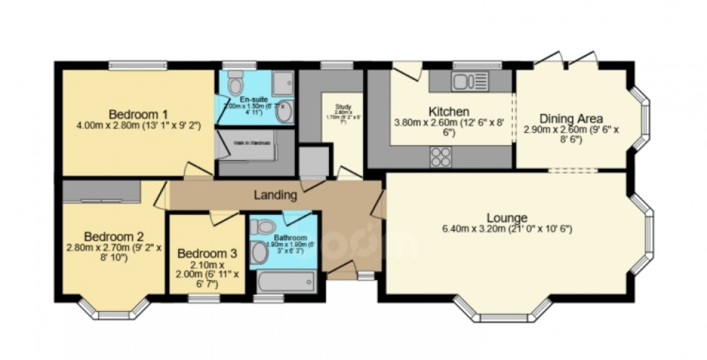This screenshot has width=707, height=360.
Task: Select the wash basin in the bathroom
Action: pyautogui.click(x=259, y=251)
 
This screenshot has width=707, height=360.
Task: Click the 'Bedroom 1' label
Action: pyautogui.click(x=139, y=114)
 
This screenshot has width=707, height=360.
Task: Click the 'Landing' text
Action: pyautogui.click(x=275, y=195)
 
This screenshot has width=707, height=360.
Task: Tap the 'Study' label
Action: pyautogui.click(x=342, y=106)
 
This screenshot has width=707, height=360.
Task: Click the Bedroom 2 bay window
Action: pyautogui.click(x=114, y=309)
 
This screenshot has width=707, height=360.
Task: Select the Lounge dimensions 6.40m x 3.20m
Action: pyautogui.click(x=506, y=229)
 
